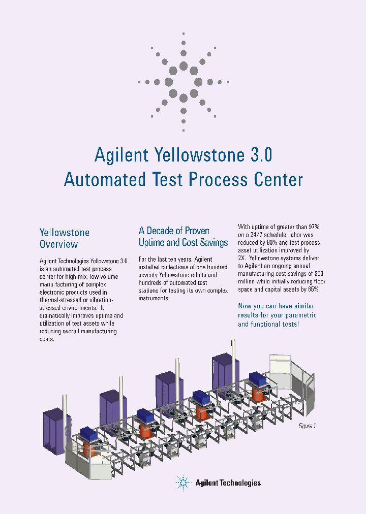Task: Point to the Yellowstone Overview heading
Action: (65, 238)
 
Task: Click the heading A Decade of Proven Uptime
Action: (183, 236)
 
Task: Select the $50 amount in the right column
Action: (319, 274)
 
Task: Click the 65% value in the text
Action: (314, 290)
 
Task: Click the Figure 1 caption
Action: (308, 426)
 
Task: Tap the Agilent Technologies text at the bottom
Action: (228, 483)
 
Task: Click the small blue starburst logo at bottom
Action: (183, 483)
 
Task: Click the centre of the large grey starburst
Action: (184, 82)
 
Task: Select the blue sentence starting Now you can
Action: (278, 315)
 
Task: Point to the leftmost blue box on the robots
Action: (89, 434)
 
